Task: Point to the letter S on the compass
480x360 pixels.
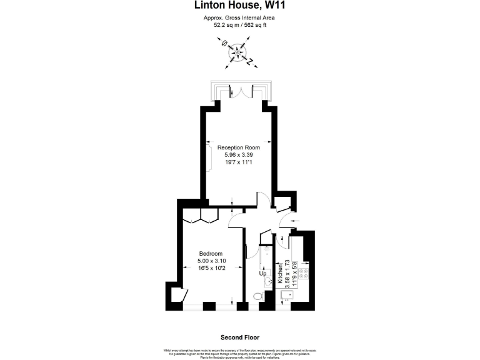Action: coord(224,44)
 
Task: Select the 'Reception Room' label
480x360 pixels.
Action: coord(238,147)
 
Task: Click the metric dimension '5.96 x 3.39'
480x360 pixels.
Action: coord(238,155)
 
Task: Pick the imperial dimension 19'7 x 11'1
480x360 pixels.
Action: coord(238,162)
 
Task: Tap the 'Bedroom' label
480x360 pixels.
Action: coord(202,253)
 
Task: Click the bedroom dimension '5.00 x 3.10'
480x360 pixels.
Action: coord(202,261)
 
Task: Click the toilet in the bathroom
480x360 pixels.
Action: coord(257,296)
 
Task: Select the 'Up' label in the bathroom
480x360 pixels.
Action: coord(263,274)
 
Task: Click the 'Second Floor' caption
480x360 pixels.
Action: coord(239,337)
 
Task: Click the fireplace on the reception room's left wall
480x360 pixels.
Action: coord(210,154)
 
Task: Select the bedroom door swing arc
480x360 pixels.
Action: coord(236,219)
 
